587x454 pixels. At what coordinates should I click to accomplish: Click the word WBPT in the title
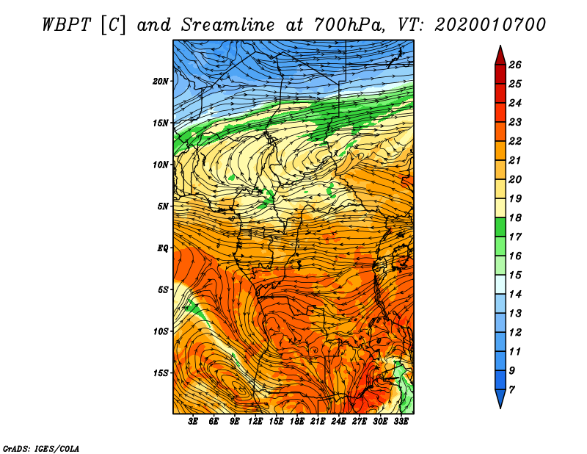tap(66, 25)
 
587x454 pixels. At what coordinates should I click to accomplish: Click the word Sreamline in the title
tap(228, 25)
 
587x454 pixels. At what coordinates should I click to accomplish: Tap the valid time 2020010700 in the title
tap(490, 25)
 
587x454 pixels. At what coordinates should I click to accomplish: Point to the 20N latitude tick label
tap(161, 82)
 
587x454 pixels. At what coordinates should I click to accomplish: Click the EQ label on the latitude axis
tap(163, 248)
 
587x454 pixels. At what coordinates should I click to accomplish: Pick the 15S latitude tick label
tap(161, 373)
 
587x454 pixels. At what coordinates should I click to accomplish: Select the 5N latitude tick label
tap(163, 206)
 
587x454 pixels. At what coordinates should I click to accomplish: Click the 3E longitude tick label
tap(193, 422)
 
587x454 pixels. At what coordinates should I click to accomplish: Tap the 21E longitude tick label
tap(318, 422)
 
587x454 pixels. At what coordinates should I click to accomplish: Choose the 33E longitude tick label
tap(401, 422)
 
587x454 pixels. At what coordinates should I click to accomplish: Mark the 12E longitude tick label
tap(255, 422)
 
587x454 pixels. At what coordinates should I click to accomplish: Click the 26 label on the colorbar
tap(515, 65)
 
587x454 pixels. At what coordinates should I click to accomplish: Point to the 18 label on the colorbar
tap(515, 217)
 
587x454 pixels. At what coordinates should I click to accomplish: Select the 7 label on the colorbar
tap(511, 390)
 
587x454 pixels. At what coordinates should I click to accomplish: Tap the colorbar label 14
tap(515, 295)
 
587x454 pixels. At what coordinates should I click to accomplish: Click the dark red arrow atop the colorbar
tap(500, 55)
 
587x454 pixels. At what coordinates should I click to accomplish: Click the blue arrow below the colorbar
tap(500, 399)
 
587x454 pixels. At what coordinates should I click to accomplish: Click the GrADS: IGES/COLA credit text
tap(41, 449)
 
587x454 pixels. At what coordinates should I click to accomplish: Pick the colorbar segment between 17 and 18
tap(500, 227)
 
